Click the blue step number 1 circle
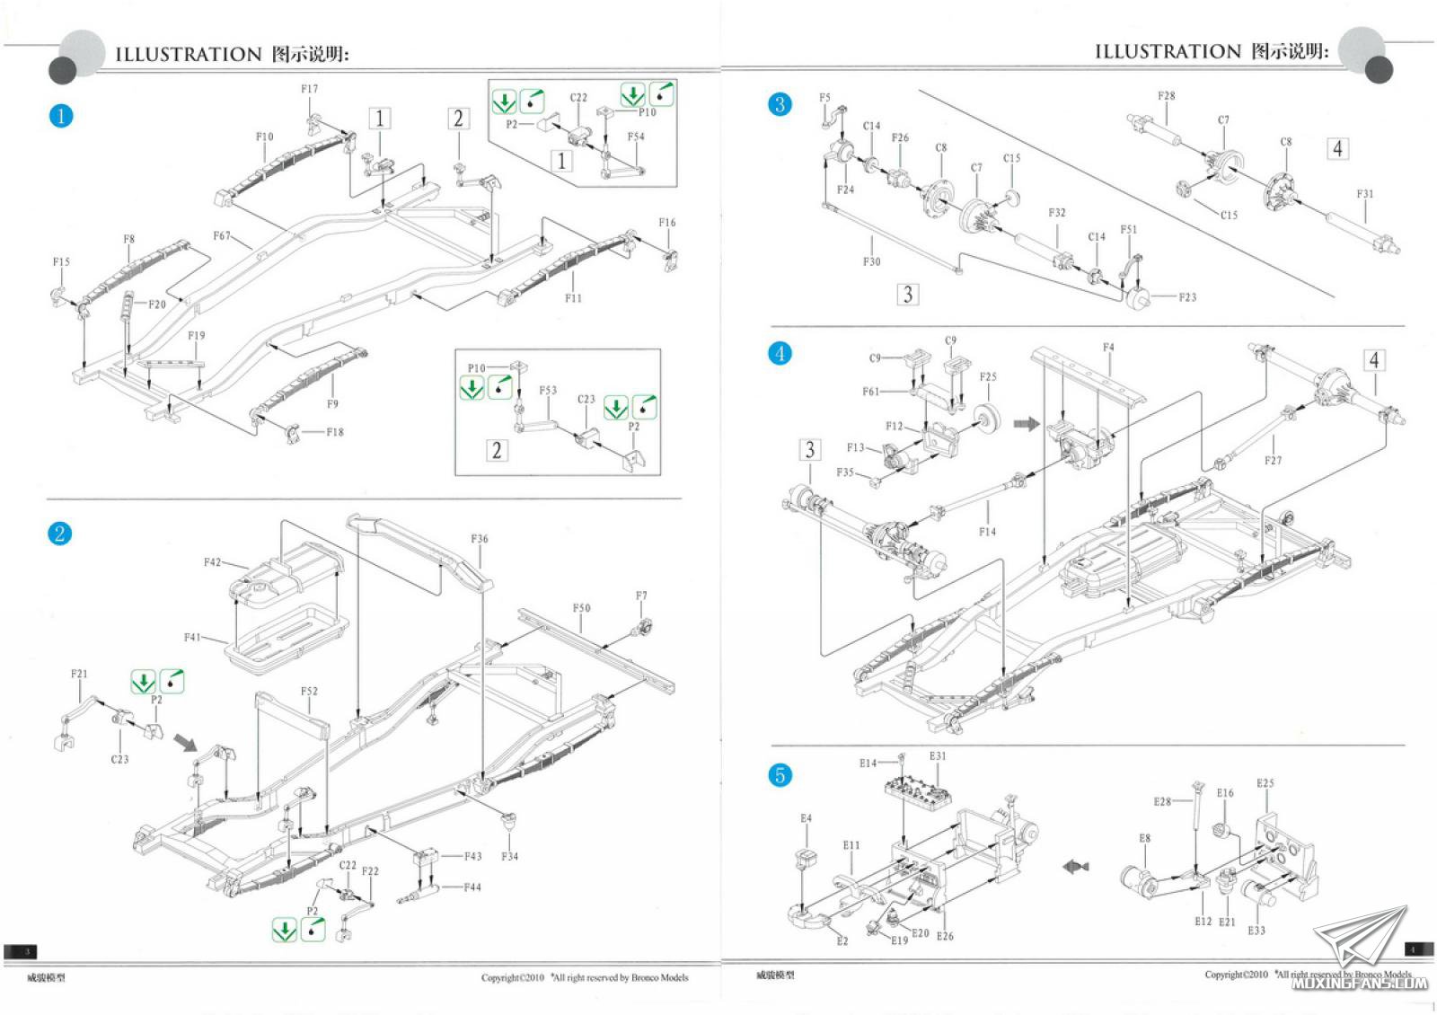point(60,116)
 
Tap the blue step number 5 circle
point(780,775)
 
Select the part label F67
point(222,236)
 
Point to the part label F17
point(309,89)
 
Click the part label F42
point(212,562)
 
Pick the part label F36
point(480,539)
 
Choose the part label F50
point(582,608)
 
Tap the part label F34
point(509,856)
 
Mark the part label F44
point(472,887)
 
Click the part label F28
point(1166,96)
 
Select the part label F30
point(871,261)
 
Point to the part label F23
point(1187,297)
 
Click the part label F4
point(1108,348)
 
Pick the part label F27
point(1273,461)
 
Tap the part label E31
point(938,756)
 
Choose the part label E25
point(1265,783)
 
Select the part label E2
point(842,941)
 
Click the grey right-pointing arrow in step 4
point(1026,423)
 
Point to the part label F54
point(636,137)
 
